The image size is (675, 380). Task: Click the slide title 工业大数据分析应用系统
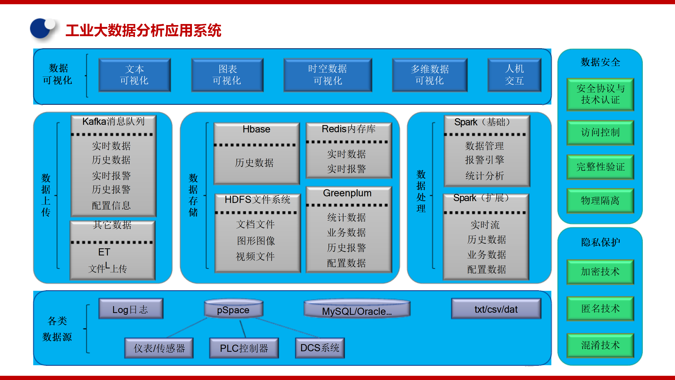coord(143,30)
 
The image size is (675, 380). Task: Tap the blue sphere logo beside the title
coord(42,29)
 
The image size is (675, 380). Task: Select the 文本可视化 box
coord(134,75)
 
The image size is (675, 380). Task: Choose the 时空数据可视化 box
coord(327,75)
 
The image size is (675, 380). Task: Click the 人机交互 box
coord(514,75)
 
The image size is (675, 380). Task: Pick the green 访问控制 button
coord(600,132)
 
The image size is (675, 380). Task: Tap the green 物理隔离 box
coord(600,201)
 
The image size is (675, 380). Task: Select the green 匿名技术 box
coord(600,308)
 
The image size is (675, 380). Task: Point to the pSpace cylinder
coord(233,309)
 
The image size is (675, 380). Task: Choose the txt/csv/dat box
coord(496,309)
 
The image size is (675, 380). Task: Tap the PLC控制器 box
coord(244,348)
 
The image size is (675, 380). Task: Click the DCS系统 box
coord(320,348)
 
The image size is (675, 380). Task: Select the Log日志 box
coord(131,309)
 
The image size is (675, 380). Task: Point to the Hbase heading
coord(256,129)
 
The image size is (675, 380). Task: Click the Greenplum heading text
coord(347,193)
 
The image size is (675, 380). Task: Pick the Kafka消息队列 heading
coord(113,122)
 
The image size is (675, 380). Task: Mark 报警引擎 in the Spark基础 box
coord(485,160)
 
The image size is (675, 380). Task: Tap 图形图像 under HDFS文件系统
coord(256,241)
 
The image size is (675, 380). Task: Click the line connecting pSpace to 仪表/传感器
coord(187,327)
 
